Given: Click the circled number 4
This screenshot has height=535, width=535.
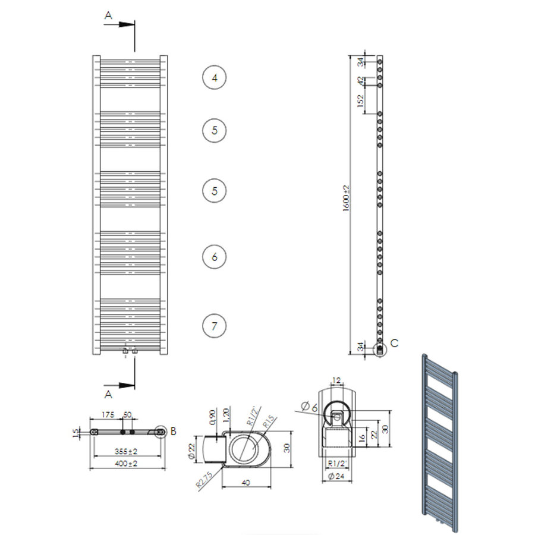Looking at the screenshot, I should click(x=215, y=78).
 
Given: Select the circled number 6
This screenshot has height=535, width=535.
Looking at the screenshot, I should click(x=215, y=257).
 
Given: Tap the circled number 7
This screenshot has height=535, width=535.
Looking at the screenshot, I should click(x=215, y=325).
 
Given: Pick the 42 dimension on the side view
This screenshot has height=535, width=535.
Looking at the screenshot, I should click(x=360, y=80).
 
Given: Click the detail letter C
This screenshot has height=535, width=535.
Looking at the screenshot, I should click(x=395, y=343).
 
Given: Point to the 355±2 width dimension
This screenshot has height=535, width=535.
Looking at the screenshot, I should click(x=125, y=451).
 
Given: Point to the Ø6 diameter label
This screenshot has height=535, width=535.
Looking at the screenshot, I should click(x=309, y=407).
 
